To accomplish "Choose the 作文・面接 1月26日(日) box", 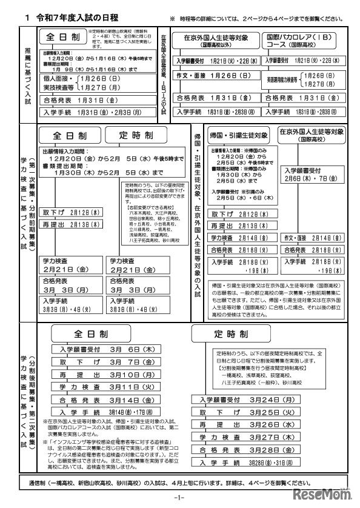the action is click(x=215, y=78).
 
